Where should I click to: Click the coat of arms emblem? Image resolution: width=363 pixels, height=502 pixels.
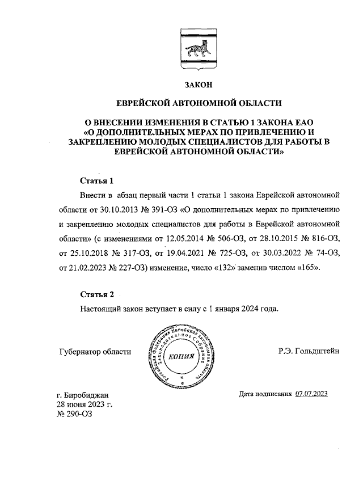pos(197,48)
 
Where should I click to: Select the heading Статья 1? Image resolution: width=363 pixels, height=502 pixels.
pos(97,181)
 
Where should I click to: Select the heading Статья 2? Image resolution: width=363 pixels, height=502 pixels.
pos(97,295)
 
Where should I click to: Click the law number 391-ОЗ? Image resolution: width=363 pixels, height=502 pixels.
pos(159,210)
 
